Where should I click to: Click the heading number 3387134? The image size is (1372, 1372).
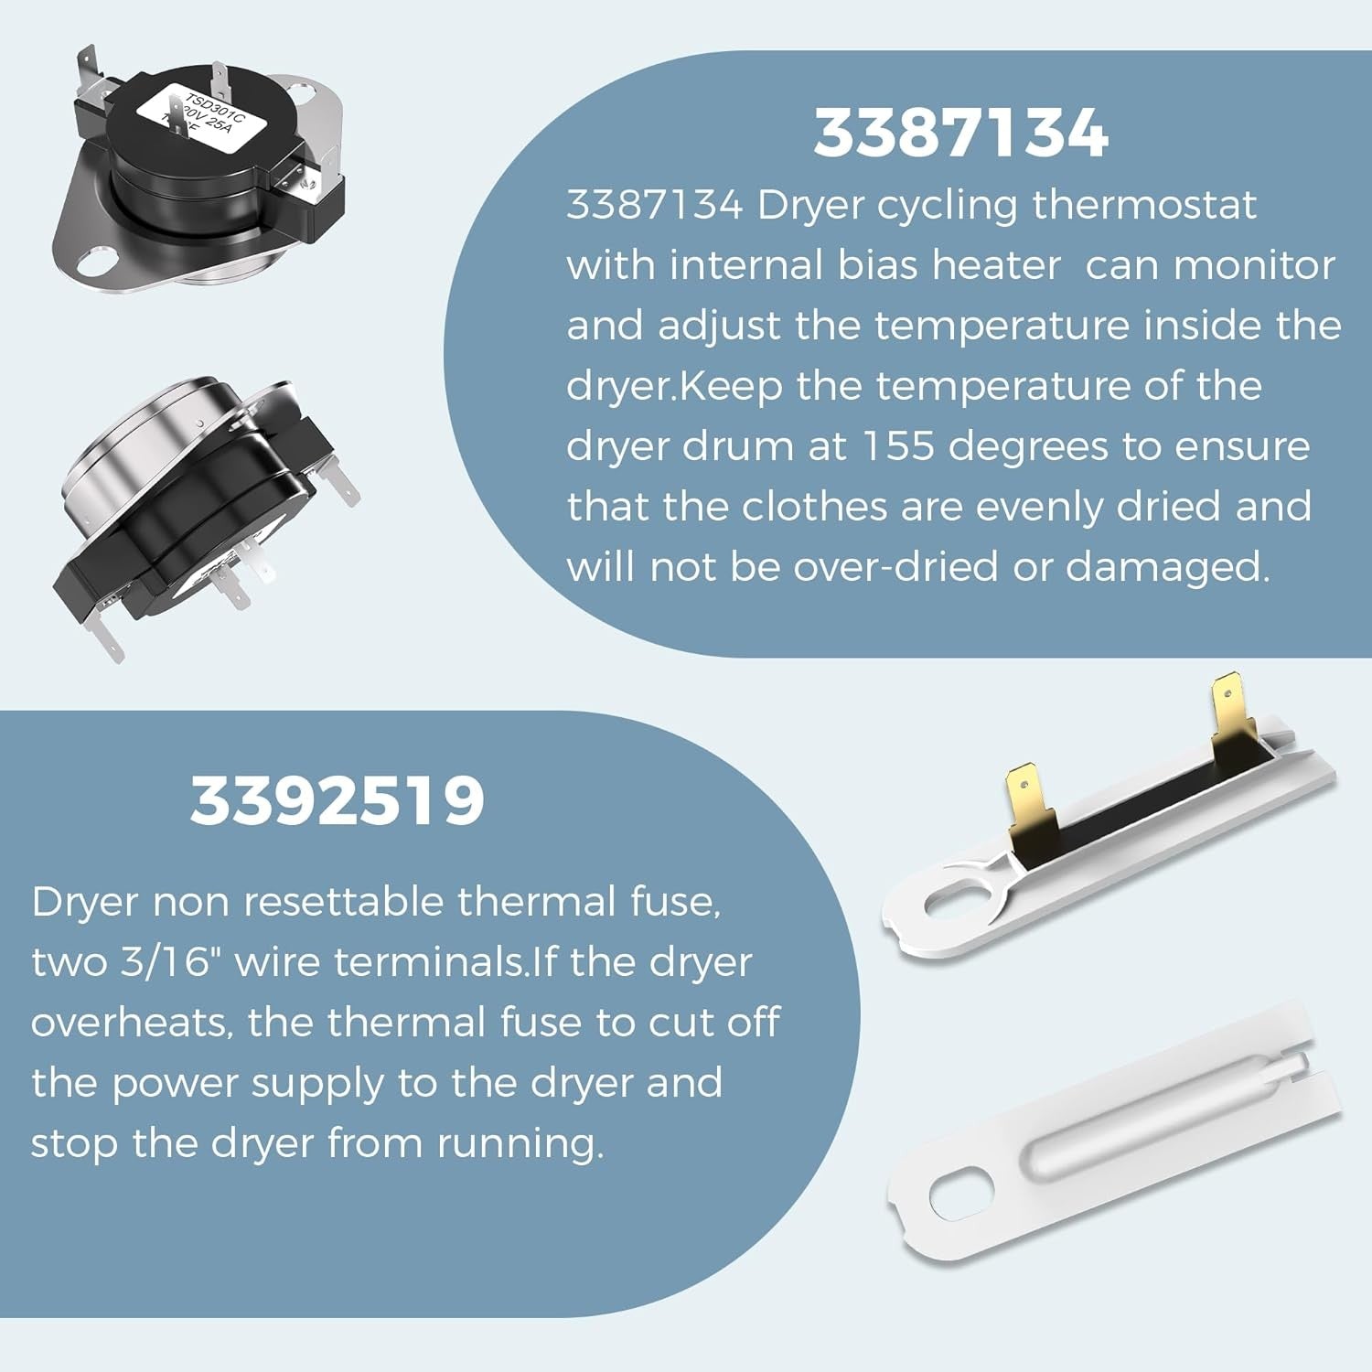click(960, 134)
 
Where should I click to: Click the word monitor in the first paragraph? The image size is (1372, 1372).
click(1255, 265)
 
